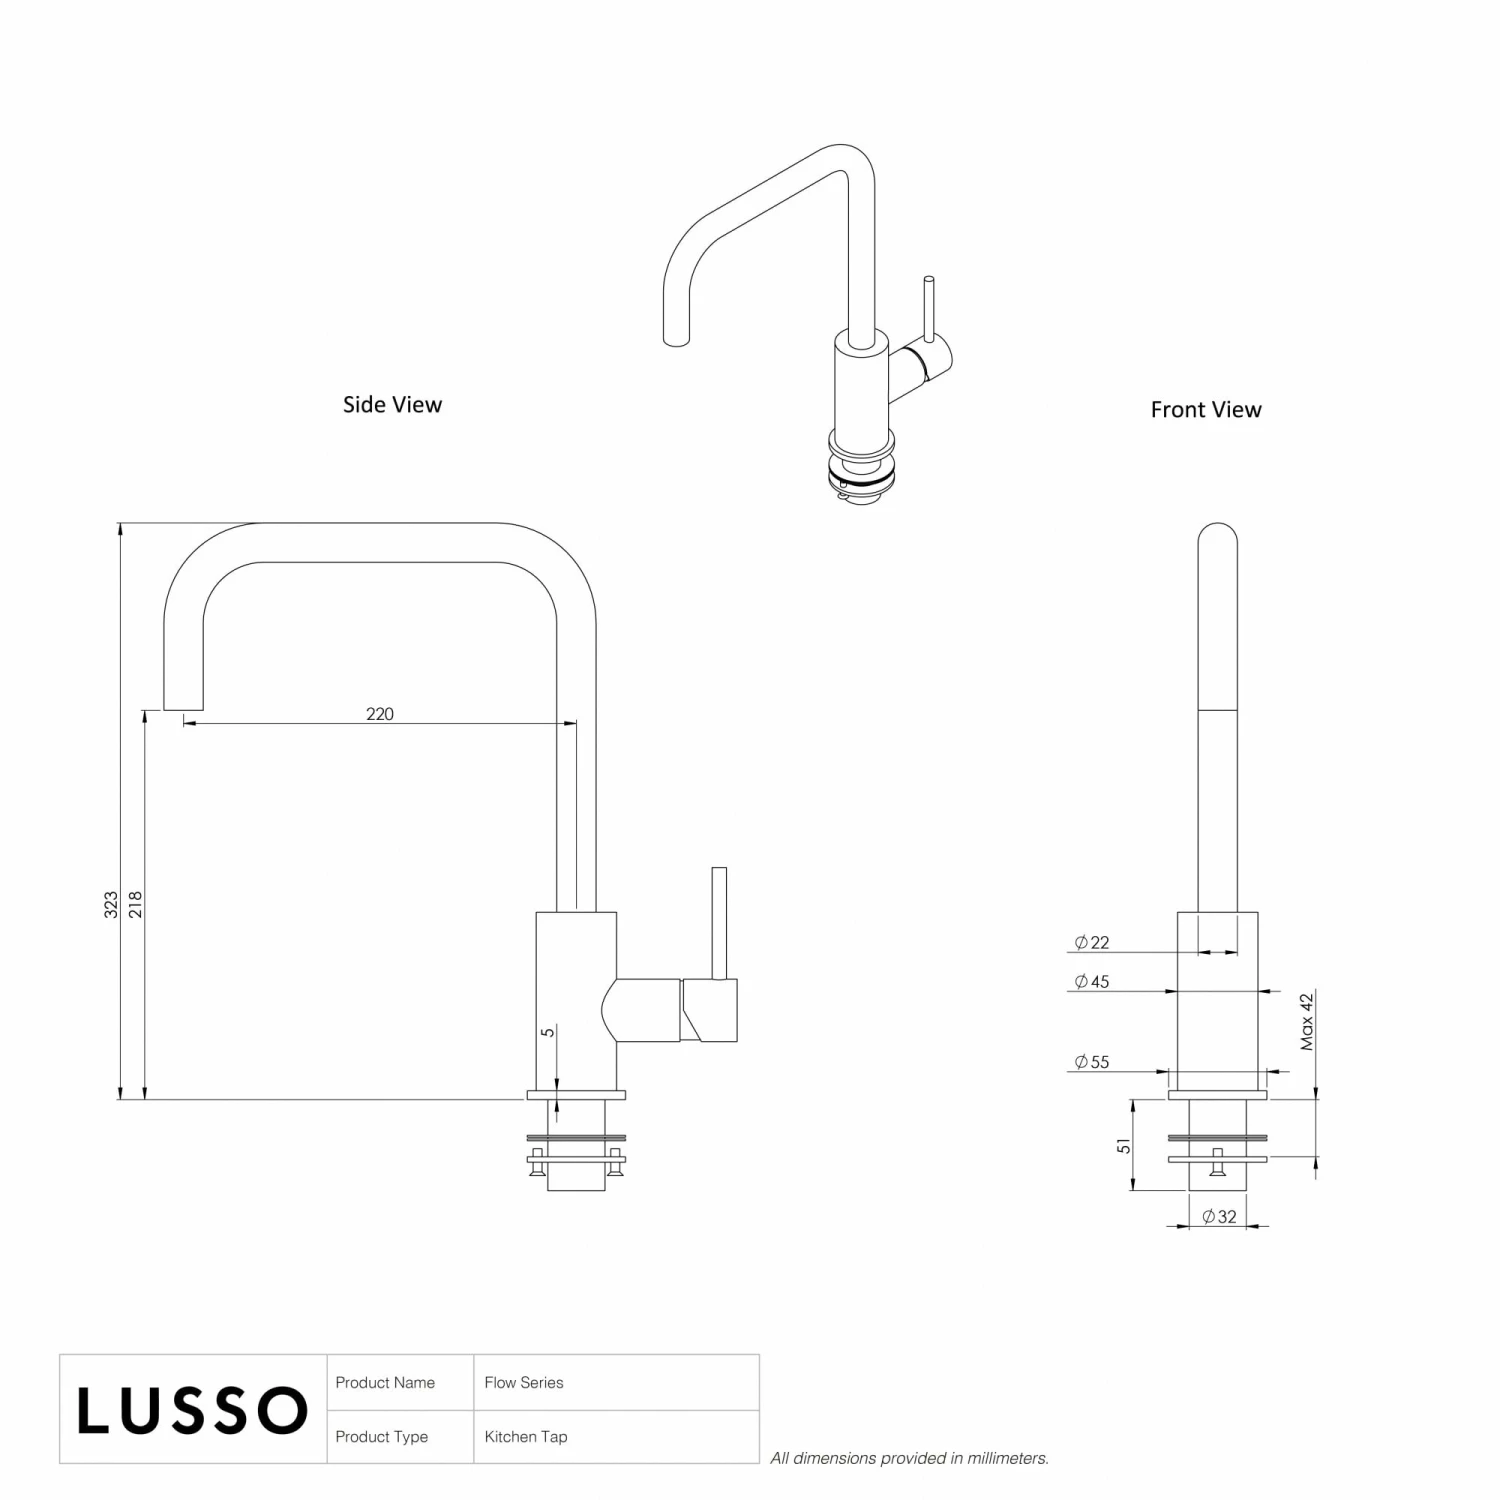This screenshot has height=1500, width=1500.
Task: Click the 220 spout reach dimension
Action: click(380, 713)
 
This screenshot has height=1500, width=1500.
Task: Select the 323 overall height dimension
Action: click(111, 904)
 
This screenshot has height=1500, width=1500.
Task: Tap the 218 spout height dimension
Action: click(136, 904)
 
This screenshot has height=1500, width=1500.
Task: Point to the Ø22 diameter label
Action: click(1092, 942)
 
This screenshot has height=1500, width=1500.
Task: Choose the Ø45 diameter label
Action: click(1092, 982)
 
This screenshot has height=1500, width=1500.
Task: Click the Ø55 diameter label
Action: click(1092, 1062)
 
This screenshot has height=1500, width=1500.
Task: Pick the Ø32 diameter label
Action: click(1220, 1217)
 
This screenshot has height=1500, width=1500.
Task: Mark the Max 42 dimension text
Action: click(1307, 1021)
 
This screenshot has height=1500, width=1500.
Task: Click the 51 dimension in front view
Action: click(1124, 1146)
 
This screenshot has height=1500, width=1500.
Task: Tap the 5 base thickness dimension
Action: click(547, 1032)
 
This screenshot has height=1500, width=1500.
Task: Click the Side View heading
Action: click(392, 404)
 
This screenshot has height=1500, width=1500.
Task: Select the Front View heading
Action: click(1206, 409)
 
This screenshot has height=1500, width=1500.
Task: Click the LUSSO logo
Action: click(192, 1410)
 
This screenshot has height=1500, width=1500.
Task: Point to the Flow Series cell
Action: click(524, 1382)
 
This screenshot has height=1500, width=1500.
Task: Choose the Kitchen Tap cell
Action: click(526, 1437)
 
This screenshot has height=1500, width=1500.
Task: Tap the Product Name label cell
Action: click(385, 1382)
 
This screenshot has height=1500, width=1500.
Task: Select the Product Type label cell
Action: click(381, 1437)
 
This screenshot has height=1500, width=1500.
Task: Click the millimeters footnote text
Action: click(909, 1458)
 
